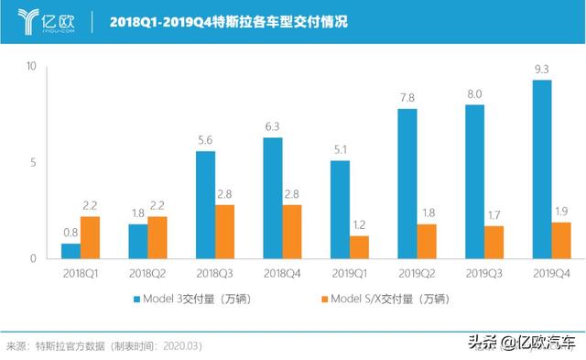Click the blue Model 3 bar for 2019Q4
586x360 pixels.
(x=541, y=169)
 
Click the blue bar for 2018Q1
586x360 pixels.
(x=71, y=251)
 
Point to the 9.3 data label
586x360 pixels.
(x=541, y=70)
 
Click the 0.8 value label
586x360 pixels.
(x=71, y=233)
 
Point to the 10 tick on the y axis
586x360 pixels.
(x=31, y=67)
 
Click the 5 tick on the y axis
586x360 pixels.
(x=33, y=163)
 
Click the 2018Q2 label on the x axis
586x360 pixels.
(x=147, y=274)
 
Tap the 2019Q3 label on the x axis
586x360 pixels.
(x=485, y=274)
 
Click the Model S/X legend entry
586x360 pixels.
(x=385, y=299)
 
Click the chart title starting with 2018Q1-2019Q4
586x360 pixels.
(x=228, y=21)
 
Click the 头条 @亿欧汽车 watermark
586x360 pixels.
(x=522, y=343)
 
